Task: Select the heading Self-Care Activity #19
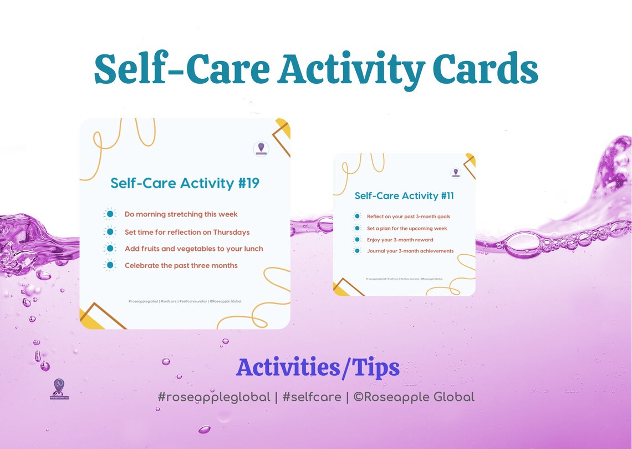[185, 183]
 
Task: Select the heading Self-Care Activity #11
[404, 195]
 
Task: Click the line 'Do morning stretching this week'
[181, 214]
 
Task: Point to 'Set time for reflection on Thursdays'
[187, 232]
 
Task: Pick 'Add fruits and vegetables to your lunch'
[193, 249]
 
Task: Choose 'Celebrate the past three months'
[181, 265]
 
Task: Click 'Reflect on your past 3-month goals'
[408, 216]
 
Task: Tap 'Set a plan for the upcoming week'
[406, 228]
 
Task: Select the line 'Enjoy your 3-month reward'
[400, 240]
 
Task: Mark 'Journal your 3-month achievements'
[410, 251]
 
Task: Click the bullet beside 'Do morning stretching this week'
[110, 214]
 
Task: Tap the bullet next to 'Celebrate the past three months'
[110, 265]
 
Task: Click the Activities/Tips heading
[318, 367]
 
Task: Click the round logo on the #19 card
[261, 149]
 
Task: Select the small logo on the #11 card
[456, 173]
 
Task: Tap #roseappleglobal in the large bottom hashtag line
[213, 397]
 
